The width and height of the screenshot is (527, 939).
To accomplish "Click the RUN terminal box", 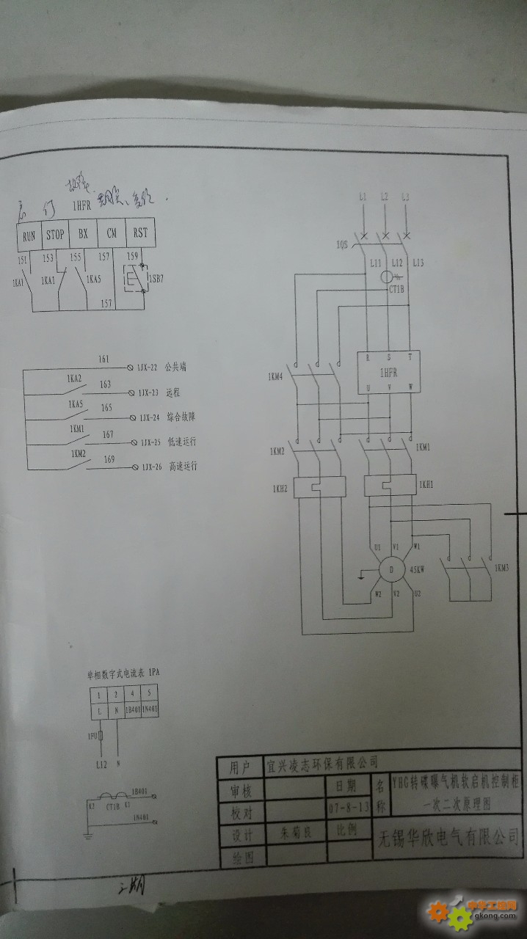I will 29,235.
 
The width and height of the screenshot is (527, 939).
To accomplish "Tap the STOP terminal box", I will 56,235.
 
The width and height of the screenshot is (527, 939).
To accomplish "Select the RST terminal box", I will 139,234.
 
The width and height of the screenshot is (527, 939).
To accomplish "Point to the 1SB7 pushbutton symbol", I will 133,279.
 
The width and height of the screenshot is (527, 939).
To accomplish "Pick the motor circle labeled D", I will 392,569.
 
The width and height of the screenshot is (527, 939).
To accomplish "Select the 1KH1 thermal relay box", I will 389,485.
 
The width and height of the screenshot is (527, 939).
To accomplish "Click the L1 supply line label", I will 362,197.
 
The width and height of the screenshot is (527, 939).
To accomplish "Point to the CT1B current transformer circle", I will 388,277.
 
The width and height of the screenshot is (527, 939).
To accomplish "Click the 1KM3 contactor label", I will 502,568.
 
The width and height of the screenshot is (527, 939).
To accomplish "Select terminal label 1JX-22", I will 149,365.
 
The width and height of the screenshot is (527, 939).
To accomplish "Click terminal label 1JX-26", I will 150,467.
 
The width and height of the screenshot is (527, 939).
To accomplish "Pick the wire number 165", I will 106,408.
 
